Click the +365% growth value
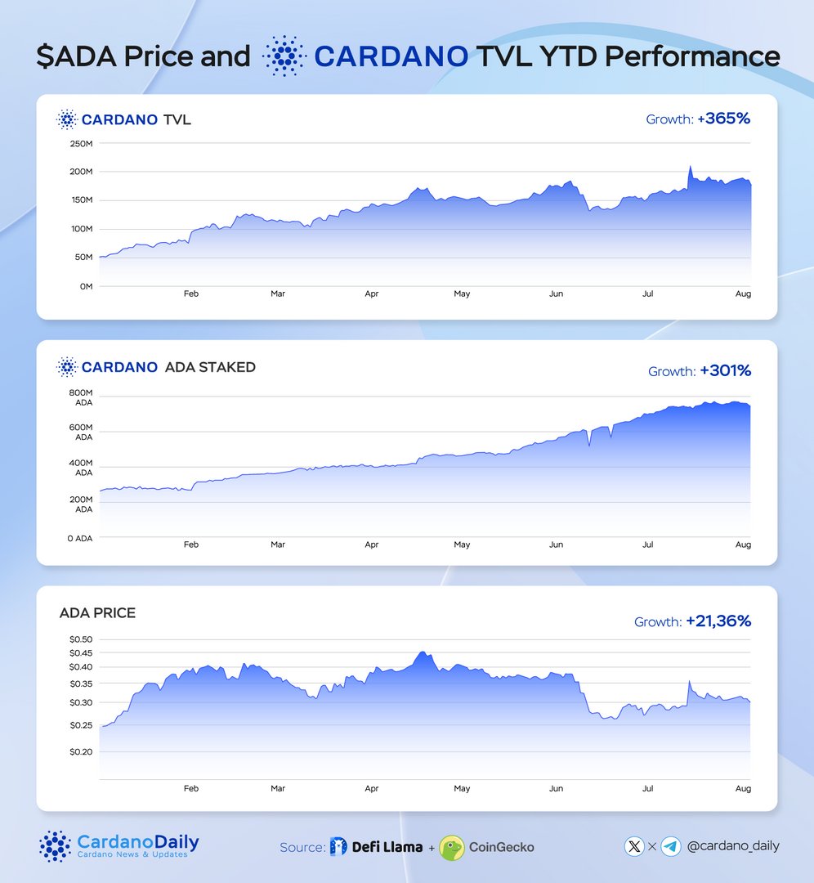pyautogui.click(x=723, y=119)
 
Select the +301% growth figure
pyautogui.click(x=725, y=371)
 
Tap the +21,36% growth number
pyautogui.click(x=718, y=621)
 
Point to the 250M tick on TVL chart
pyautogui.click(x=80, y=144)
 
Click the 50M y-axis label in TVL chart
pyautogui.click(x=83, y=258)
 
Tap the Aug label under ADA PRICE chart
pyautogui.click(x=743, y=789)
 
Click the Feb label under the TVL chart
pyautogui.click(x=190, y=294)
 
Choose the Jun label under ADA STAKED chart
pyautogui.click(x=557, y=545)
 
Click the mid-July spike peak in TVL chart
pyautogui.click(x=690, y=166)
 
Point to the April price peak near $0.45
pyautogui.click(x=422, y=652)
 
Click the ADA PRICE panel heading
pyautogui.click(x=97, y=612)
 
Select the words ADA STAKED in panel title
pyautogui.click(x=210, y=367)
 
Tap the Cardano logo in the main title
pyautogui.click(x=282, y=56)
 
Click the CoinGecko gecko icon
pyautogui.click(x=452, y=847)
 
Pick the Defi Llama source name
pyautogui.click(x=387, y=847)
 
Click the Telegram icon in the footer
pyautogui.click(x=671, y=846)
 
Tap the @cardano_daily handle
pyautogui.click(x=733, y=846)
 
